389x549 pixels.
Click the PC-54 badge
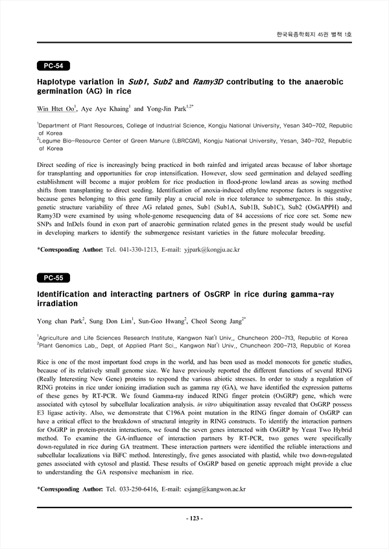coord(53,65)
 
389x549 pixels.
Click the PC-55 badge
coord(53,278)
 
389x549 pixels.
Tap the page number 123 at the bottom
coord(194,519)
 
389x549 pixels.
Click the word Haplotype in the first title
coord(62,82)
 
